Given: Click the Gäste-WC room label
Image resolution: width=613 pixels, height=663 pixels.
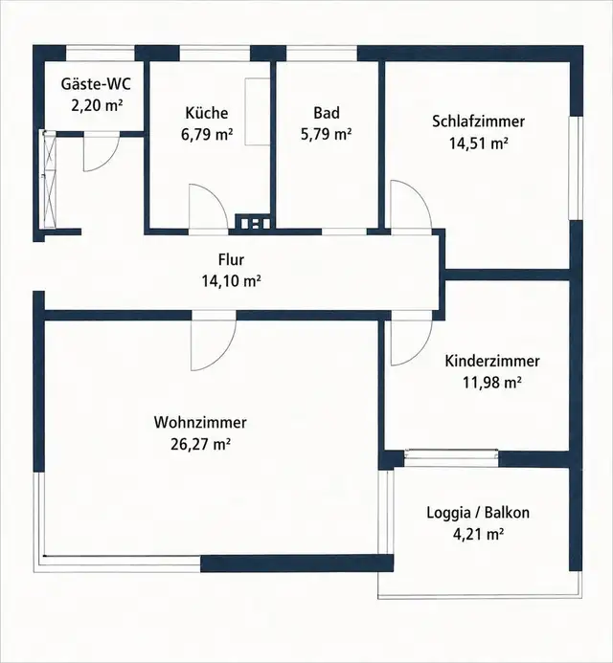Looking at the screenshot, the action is pyautogui.click(x=96, y=84).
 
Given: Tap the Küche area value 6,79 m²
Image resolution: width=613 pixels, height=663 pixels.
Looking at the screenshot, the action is pyautogui.click(x=207, y=135).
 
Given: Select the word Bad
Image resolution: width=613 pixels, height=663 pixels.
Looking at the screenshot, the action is pyautogui.click(x=327, y=113).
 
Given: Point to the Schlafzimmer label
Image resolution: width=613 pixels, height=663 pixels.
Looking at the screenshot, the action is pyautogui.click(x=478, y=122).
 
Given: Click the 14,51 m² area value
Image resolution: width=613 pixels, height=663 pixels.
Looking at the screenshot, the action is pyautogui.click(x=478, y=144).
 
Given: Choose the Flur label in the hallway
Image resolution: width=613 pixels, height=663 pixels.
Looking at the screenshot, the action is pyautogui.click(x=231, y=259).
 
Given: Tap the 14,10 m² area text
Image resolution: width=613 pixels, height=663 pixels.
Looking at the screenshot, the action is pyautogui.click(x=231, y=280).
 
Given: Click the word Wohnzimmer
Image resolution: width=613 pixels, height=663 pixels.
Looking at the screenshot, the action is pyautogui.click(x=200, y=423).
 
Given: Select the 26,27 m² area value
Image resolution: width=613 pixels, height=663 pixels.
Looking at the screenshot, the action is pyautogui.click(x=200, y=445).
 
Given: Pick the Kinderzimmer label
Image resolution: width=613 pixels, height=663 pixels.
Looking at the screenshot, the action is pyautogui.click(x=492, y=361).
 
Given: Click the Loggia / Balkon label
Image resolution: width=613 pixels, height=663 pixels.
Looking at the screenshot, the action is pyautogui.click(x=478, y=513).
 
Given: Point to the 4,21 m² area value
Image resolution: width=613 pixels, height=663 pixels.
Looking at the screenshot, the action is pyautogui.click(x=478, y=535).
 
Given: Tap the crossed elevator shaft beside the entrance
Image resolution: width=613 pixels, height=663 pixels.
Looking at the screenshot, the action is pyautogui.click(x=49, y=179).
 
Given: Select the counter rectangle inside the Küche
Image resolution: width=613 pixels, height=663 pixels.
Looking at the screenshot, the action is pyautogui.click(x=258, y=112).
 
